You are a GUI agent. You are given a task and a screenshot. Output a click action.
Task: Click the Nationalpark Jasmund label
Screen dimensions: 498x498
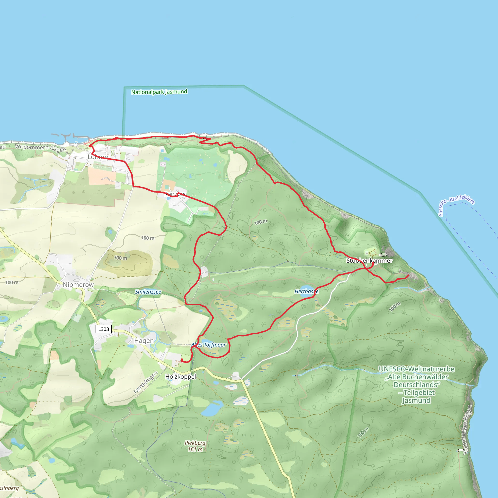pos(159,92)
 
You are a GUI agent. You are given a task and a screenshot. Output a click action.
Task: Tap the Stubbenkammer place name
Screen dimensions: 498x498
pos(369,261)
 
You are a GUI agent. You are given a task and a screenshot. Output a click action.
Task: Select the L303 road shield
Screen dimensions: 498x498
pos(103,329)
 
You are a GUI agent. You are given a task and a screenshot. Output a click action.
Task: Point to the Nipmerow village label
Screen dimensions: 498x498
pos(78,285)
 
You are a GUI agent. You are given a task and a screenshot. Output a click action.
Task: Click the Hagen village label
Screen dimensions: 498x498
pos(144,341)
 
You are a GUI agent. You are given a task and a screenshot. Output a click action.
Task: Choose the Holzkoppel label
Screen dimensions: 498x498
pos(180,377)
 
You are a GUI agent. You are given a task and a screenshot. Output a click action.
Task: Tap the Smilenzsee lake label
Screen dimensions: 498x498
pos(148,292)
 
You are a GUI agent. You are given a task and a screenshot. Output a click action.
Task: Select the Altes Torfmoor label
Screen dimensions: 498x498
pos(209,345)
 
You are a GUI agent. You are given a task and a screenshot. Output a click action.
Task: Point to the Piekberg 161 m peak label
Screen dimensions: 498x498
pos(195,446)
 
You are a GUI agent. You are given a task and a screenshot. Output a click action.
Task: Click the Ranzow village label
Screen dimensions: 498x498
pos(175,194)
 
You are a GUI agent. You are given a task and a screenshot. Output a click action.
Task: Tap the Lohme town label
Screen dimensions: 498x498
pos(98,157)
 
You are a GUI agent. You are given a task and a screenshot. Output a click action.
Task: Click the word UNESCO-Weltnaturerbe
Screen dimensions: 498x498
pos(416,369)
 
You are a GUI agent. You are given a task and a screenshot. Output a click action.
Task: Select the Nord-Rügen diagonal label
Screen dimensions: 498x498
pos(146,382)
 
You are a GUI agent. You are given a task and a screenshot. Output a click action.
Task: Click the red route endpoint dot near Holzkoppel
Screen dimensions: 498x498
pos(182,360)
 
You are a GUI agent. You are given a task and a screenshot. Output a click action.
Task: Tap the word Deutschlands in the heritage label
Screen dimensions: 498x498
pos(417,385)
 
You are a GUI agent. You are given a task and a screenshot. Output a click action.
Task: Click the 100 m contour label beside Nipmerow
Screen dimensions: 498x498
pos(12,283)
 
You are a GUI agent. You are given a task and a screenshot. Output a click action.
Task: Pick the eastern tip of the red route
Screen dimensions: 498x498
pos(409,276)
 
